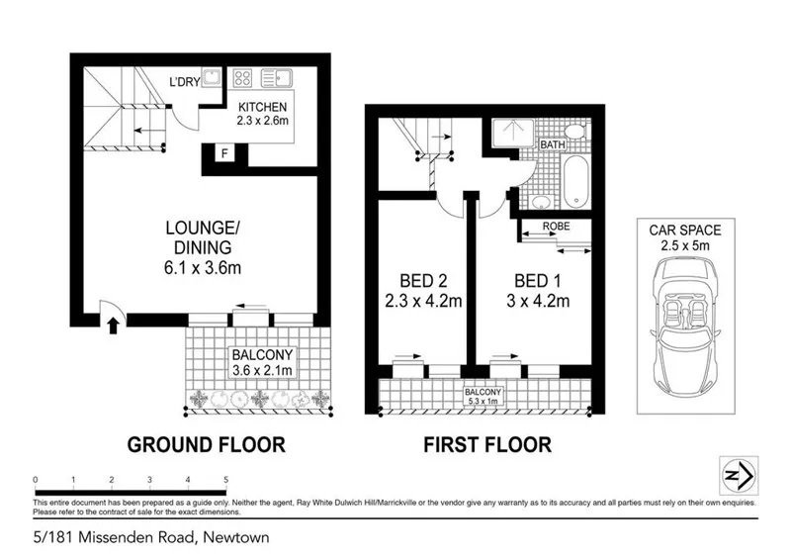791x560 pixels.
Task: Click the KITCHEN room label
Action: coord(262,107)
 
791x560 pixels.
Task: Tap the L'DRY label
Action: coord(185,81)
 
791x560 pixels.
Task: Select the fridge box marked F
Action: coord(224,152)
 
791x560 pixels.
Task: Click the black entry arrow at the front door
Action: coord(114,326)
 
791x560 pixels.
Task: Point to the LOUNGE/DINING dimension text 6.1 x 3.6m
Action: coord(203,267)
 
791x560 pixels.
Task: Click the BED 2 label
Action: coord(423,281)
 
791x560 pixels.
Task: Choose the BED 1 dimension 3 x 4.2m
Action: coord(538,301)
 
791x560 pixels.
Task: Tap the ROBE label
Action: coord(556,227)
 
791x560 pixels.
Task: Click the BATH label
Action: coord(553,144)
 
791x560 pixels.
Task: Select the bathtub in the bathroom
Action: coord(575,181)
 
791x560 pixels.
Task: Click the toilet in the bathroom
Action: coord(574,132)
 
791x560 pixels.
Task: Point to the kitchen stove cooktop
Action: coord(242,78)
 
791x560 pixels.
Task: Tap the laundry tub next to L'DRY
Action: coord(212,77)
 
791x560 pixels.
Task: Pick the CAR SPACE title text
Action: coord(685,231)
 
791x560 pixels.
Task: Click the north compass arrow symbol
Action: coord(739,476)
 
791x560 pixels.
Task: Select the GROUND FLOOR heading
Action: coord(207,445)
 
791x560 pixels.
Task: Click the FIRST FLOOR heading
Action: coord(487,445)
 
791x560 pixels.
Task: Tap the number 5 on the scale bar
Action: coord(226,480)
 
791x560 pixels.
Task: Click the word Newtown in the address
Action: coord(236,537)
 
